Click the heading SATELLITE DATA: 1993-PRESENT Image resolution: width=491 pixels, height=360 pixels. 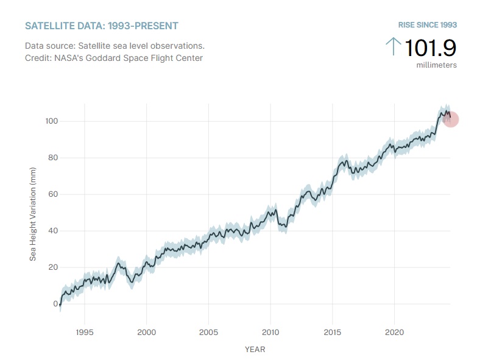point(101,26)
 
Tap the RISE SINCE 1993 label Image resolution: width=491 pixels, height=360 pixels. point(427,25)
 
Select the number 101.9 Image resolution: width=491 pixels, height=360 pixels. point(430,48)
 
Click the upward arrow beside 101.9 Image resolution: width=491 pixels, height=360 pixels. point(393,46)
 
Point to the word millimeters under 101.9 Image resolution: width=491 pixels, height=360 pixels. point(437,65)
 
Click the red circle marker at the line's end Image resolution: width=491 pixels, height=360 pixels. point(451,119)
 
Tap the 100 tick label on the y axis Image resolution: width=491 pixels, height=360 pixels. point(51,121)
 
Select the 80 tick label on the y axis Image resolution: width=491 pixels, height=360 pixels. point(54,158)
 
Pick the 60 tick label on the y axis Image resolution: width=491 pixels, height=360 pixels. point(54,194)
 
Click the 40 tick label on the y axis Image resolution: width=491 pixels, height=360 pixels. point(54,231)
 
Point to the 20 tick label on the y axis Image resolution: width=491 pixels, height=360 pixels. point(54,267)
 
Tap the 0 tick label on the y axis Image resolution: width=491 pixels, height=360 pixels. point(55,304)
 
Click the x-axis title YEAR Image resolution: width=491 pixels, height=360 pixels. point(255,350)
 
